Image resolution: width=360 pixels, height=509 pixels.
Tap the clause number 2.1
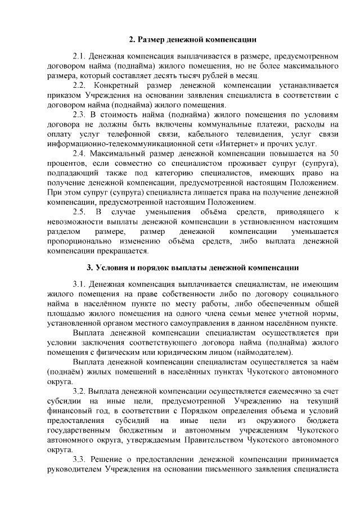pyautogui.click(x=80, y=57)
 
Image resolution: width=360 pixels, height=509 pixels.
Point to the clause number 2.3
pyautogui.click(x=80, y=115)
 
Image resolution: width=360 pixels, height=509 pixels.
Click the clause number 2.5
pyautogui.click(x=80, y=212)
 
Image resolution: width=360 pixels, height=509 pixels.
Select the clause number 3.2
pyautogui.click(x=80, y=391)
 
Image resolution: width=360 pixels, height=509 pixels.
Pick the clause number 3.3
pyautogui.click(x=80, y=459)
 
